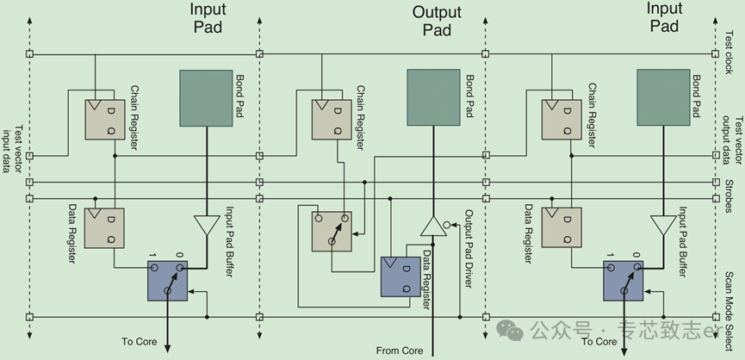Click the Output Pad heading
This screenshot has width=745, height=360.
point(437,21)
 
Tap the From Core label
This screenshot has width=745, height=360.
point(399,351)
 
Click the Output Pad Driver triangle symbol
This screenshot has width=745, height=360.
point(431,227)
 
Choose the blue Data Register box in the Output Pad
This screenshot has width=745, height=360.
point(400,276)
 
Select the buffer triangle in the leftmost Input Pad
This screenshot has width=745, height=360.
point(207,226)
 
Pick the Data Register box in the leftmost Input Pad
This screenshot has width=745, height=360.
point(105,228)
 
